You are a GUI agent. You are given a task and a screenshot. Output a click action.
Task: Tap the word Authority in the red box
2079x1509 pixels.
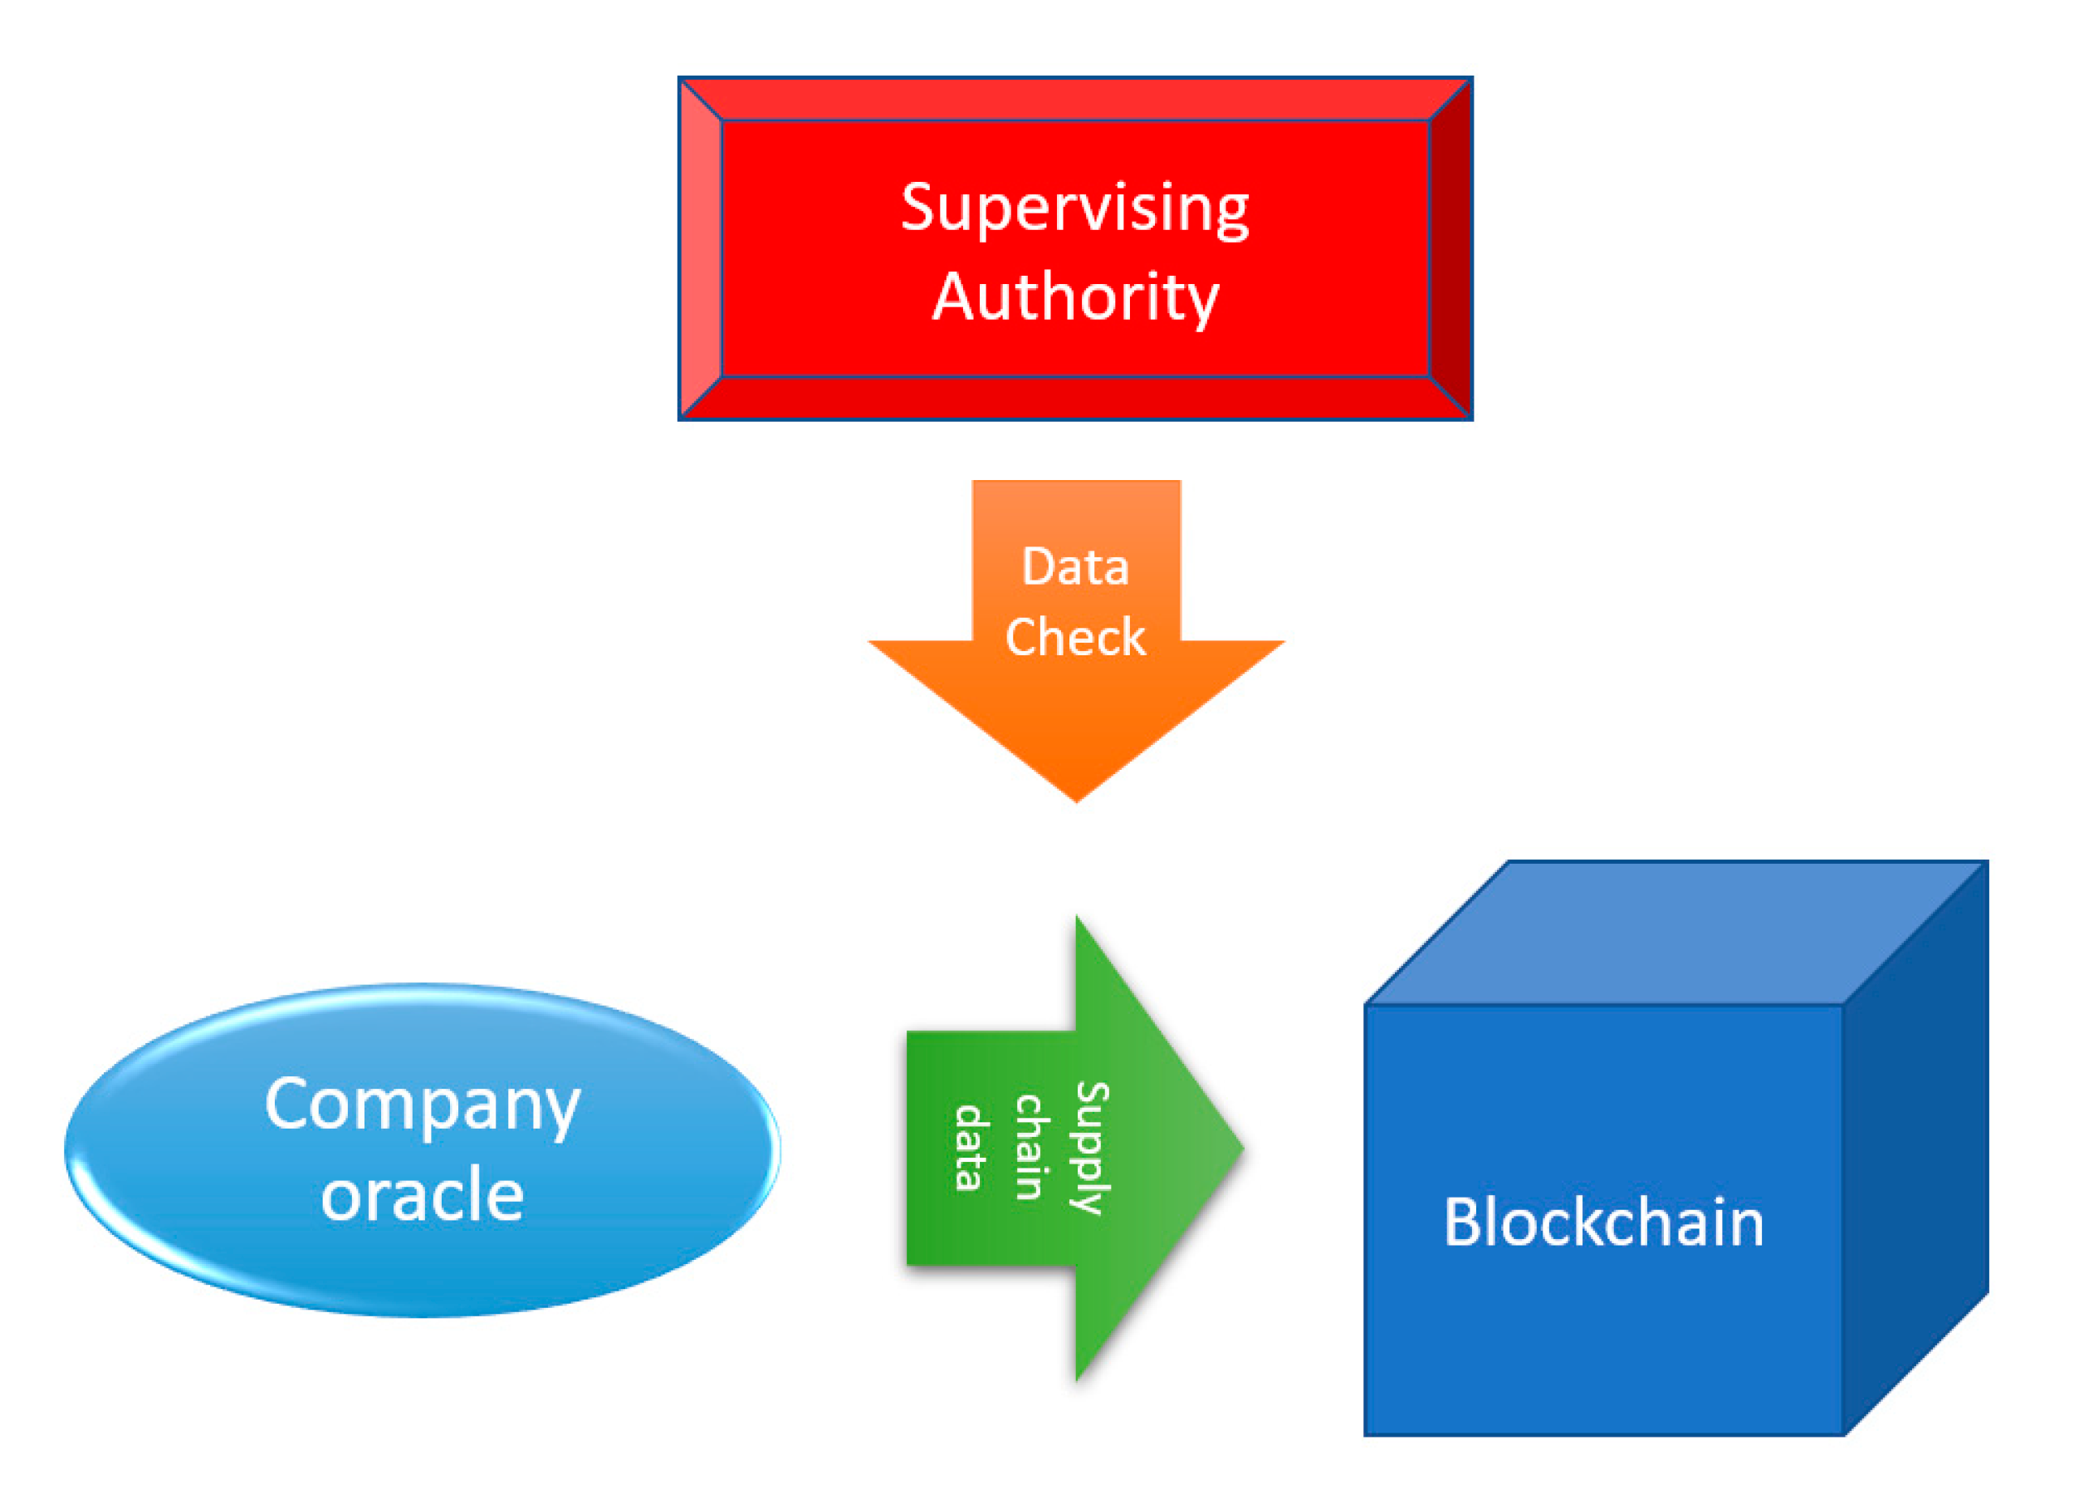pyautogui.click(x=1074, y=297)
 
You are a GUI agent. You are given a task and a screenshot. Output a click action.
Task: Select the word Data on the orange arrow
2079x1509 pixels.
pyautogui.click(x=1074, y=566)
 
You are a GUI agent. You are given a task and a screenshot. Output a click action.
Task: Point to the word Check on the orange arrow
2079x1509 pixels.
pyautogui.click(x=1074, y=637)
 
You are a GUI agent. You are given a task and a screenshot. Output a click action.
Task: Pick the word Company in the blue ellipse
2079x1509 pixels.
pyautogui.click(x=422, y=1105)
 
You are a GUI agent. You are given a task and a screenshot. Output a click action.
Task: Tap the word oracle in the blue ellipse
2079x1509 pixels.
pyautogui.click(x=422, y=1194)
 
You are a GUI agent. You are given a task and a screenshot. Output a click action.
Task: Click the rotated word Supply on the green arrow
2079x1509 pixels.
pyautogui.click(x=1091, y=1149)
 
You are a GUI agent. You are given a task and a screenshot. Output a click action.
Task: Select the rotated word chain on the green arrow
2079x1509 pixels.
pyautogui.click(x=1030, y=1147)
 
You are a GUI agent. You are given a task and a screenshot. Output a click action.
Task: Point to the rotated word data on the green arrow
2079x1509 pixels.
pyautogui.click(x=970, y=1148)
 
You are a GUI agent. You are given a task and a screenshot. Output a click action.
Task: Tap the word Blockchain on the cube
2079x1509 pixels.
pyautogui.click(x=1603, y=1222)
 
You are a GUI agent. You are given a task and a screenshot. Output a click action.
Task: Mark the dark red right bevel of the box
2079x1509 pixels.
pyautogui.click(x=1450, y=247)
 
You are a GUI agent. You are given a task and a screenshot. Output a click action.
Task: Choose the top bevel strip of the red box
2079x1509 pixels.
pyautogui.click(x=1074, y=99)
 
